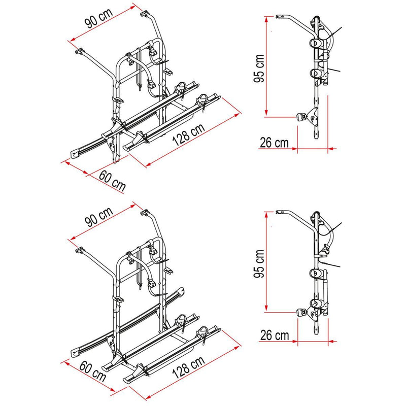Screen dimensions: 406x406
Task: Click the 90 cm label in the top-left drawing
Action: [x=99, y=18]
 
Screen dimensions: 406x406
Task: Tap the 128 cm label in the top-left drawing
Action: [x=188, y=134]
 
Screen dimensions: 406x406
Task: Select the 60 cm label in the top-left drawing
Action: [x=112, y=181]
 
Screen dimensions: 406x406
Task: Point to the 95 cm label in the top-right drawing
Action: [x=259, y=69]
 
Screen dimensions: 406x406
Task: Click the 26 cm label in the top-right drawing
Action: [x=274, y=143]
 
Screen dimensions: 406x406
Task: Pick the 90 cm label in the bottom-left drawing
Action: [x=99, y=217]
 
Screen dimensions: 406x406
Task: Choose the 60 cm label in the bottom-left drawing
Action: [x=93, y=371]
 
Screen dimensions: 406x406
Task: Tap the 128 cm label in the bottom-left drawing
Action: [x=188, y=367]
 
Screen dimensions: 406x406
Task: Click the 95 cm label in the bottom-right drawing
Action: [x=259, y=263]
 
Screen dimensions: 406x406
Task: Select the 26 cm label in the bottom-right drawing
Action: [x=275, y=335]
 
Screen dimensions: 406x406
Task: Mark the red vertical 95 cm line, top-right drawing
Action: [x=266, y=66]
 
